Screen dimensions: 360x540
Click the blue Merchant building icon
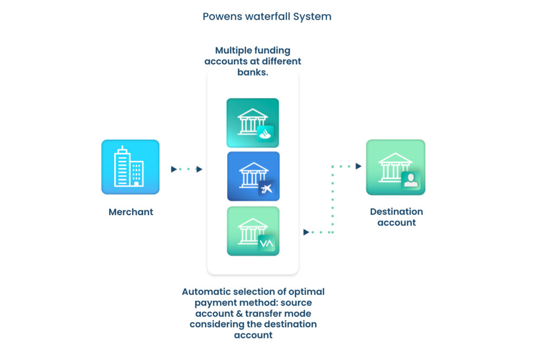coord(130,167)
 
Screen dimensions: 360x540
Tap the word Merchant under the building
coord(131,212)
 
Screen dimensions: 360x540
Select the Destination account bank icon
coord(396,167)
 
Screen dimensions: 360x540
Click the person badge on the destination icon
coord(410,181)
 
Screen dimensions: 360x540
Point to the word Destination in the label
coord(397,211)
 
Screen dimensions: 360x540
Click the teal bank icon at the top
coord(253,123)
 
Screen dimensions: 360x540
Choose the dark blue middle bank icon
coord(253,176)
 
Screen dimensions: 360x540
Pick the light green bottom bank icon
coord(253,231)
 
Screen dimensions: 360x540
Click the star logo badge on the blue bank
coord(267,189)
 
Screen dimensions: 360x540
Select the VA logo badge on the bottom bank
coord(267,244)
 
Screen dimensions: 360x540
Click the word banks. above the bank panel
coord(253,72)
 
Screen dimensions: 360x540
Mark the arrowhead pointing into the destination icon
coord(359,166)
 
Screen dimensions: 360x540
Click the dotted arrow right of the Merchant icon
coord(187,169)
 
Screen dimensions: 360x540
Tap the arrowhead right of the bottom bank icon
coord(306,232)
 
